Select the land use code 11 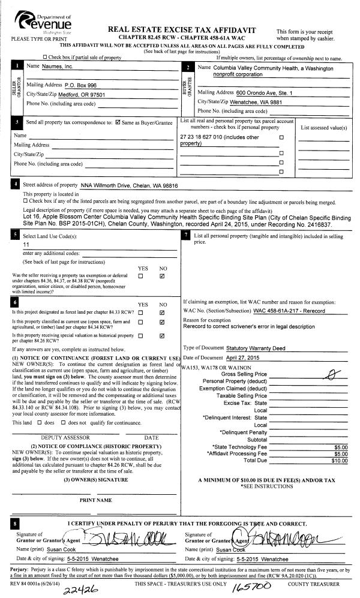(26, 245)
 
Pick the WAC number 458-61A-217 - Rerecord (289, 311)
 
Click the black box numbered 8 (15, 525)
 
